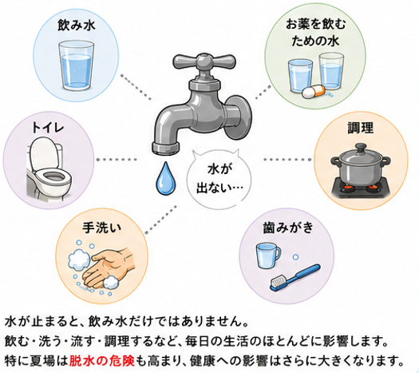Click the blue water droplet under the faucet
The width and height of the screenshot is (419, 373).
point(166,178)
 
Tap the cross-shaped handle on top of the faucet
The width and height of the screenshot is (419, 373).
point(204,61)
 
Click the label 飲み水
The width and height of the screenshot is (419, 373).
point(77,26)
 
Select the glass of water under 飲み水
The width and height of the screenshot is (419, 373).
point(76,65)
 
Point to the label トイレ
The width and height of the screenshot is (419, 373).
point(48,127)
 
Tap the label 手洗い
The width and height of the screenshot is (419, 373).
point(101,228)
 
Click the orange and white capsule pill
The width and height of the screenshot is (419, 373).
point(314,91)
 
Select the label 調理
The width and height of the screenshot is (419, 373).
point(361,128)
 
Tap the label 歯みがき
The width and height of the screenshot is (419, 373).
point(288,228)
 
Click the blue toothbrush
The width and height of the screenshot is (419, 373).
point(295,278)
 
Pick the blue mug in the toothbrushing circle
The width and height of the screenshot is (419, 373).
point(268,256)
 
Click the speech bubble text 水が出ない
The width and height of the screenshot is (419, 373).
point(219,179)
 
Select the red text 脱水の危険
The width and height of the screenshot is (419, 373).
point(101,361)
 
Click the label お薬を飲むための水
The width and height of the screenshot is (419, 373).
point(315,33)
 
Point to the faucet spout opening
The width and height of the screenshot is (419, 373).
point(165,150)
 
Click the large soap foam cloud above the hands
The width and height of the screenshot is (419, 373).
point(79,259)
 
